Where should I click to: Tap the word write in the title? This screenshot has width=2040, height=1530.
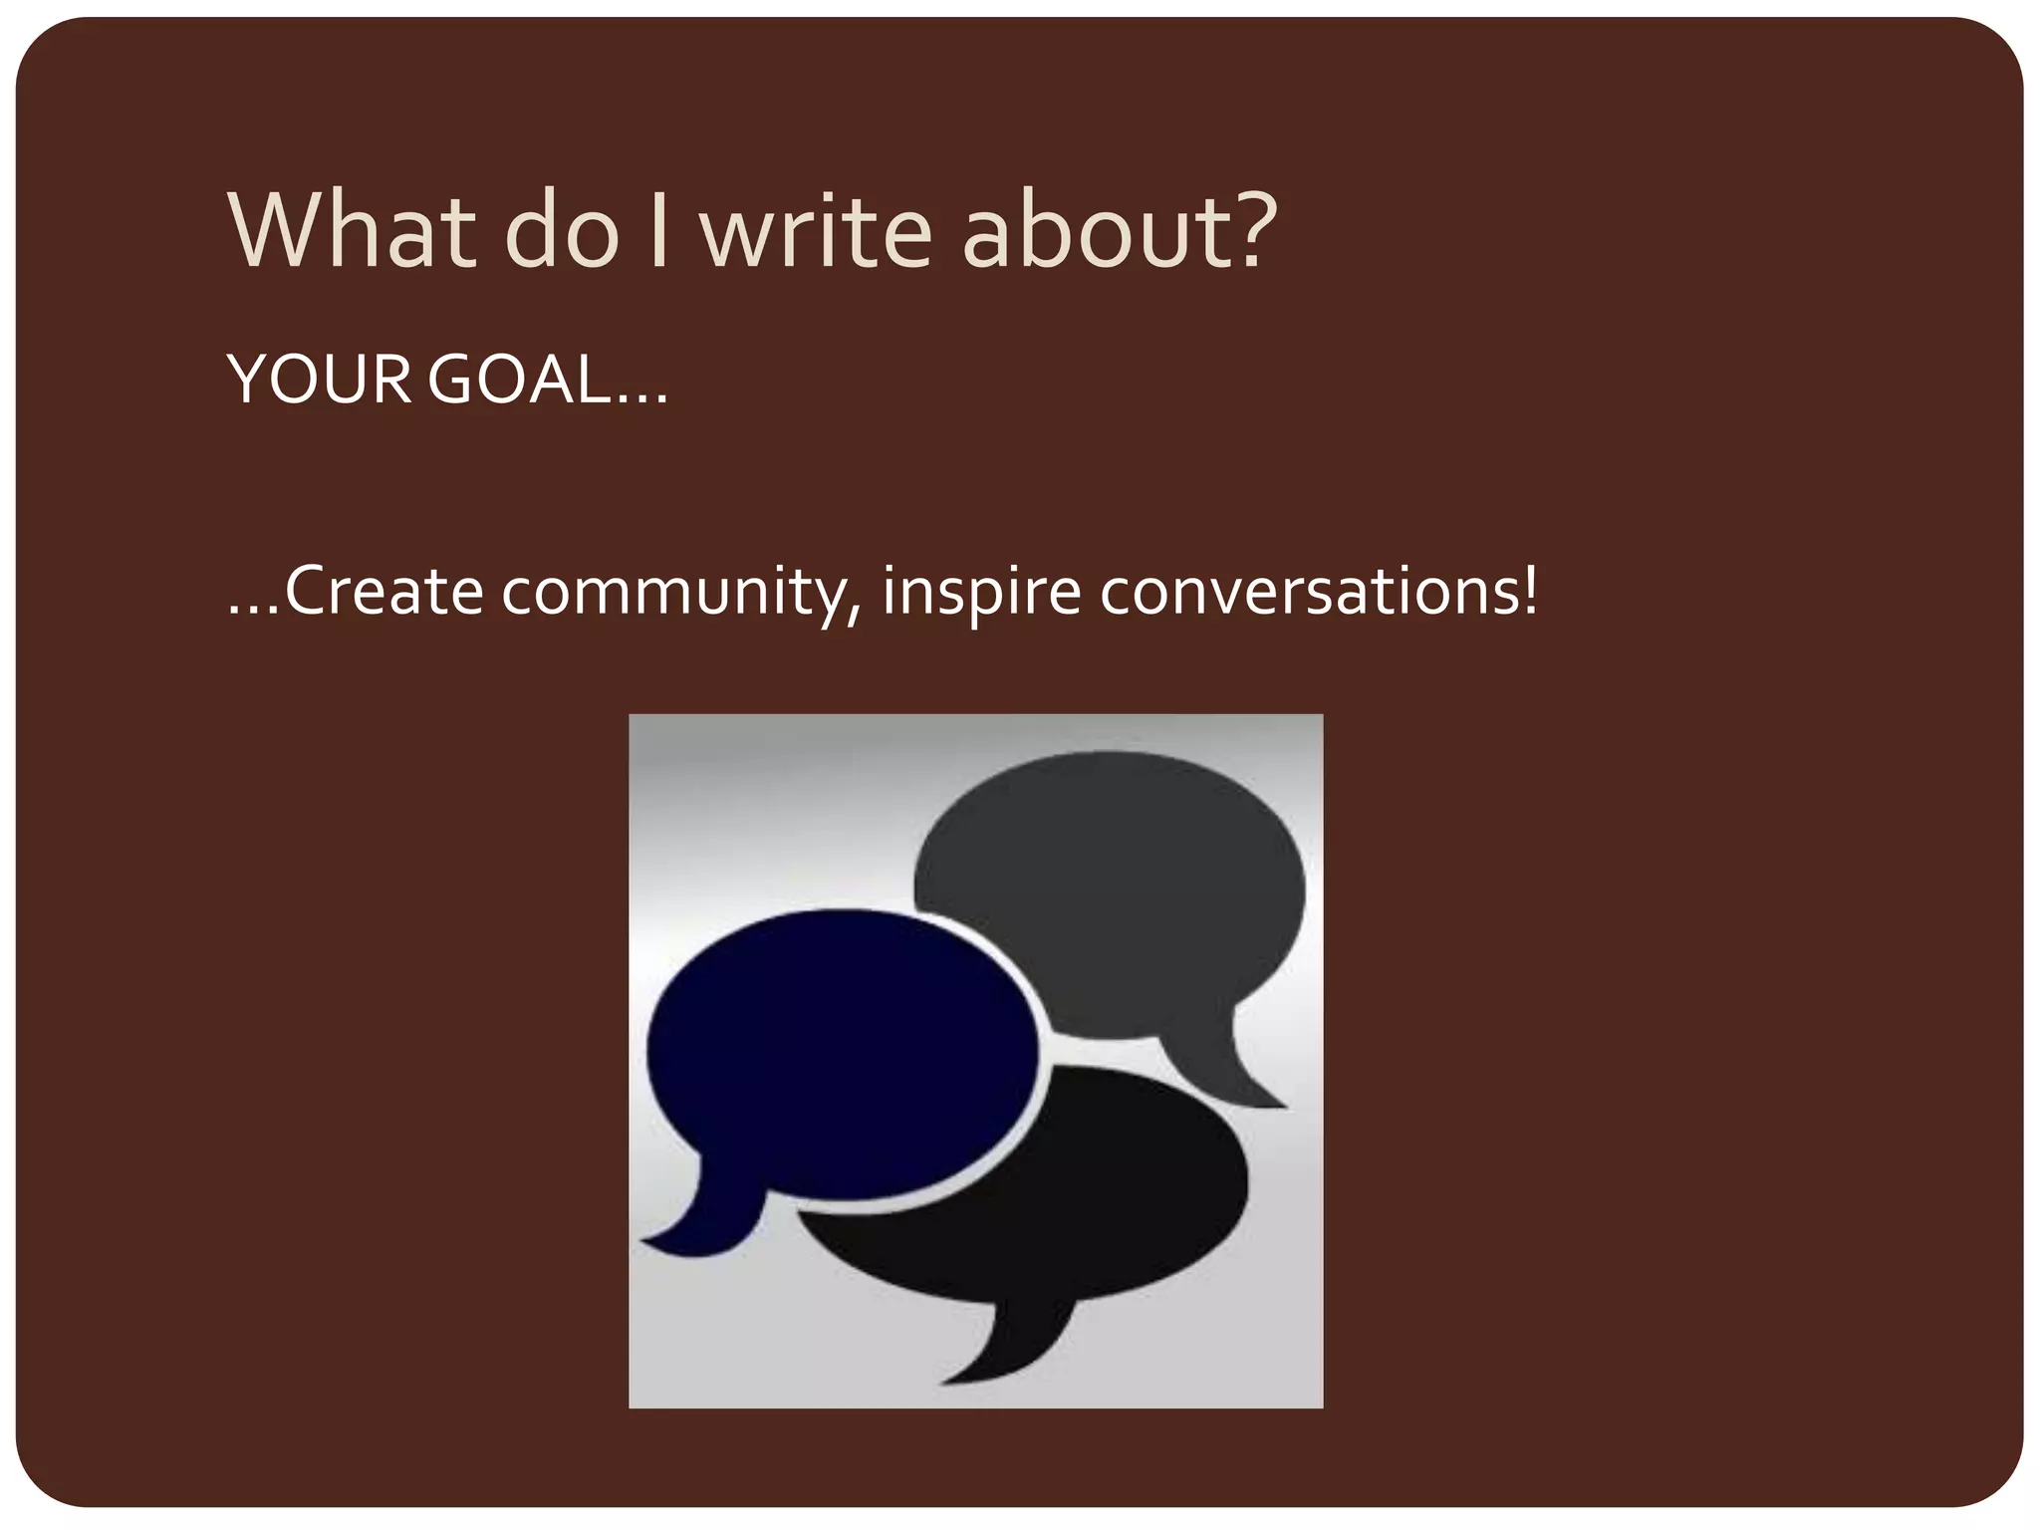816,230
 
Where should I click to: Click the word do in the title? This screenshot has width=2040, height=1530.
562,230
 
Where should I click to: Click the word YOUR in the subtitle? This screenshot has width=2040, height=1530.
319,380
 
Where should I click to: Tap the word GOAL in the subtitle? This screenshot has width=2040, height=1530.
518,380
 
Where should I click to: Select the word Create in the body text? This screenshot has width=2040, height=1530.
384,592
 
